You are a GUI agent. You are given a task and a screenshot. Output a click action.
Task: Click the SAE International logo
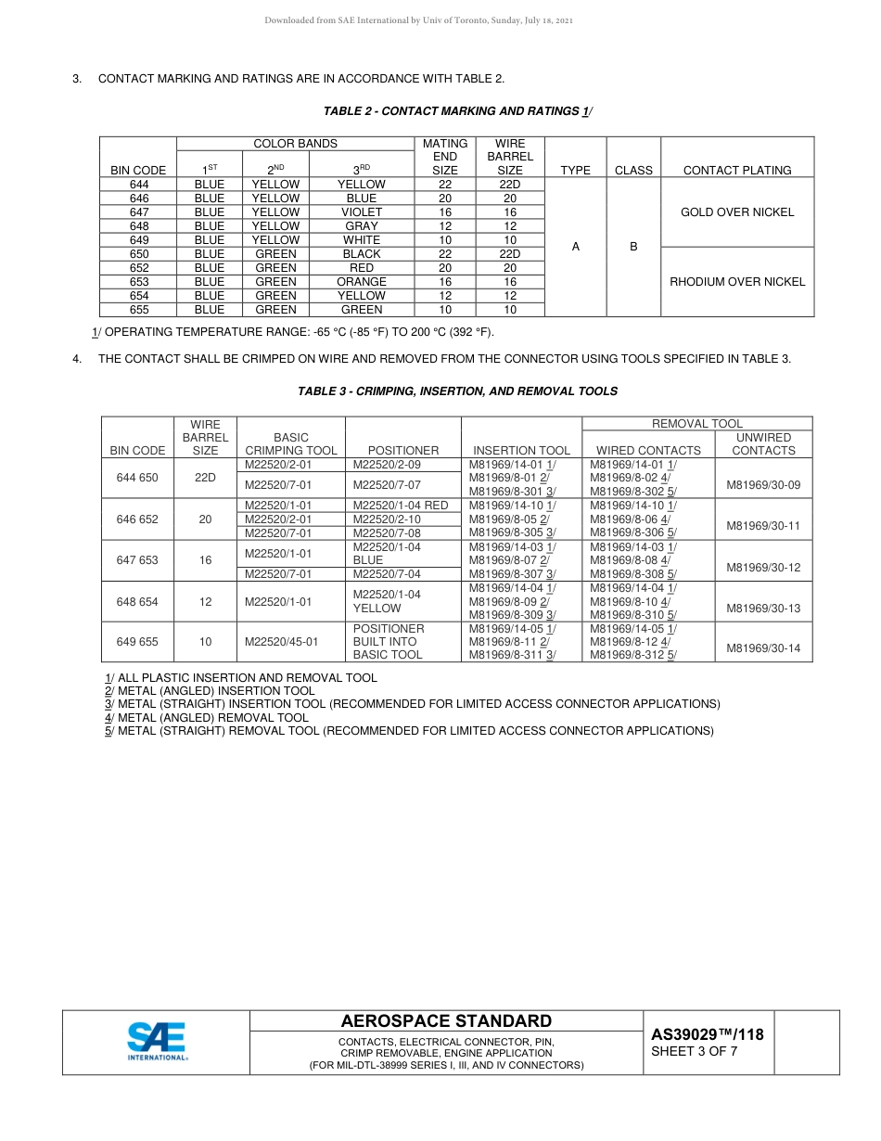[x=157, y=1041]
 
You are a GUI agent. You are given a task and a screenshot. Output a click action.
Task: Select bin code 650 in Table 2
[x=139, y=254]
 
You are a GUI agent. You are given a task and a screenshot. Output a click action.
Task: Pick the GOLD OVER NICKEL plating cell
[x=737, y=212]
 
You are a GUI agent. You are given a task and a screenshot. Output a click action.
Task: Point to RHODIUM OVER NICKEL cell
[x=737, y=282]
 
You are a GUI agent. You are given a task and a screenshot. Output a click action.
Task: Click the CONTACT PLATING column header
[x=737, y=171]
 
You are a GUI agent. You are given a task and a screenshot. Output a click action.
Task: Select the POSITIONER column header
[x=403, y=451]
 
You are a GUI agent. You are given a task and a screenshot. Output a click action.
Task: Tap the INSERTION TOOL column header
[x=521, y=451]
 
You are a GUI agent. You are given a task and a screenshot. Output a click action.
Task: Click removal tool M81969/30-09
[x=763, y=485]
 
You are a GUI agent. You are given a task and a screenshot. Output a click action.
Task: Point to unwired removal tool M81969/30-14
[x=763, y=648]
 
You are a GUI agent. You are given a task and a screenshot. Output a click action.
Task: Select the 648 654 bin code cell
[x=137, y=602]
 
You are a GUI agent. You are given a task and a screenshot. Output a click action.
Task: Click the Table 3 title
[x=457, y=391]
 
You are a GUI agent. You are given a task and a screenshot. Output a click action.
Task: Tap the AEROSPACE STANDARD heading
[x=446, y=1021]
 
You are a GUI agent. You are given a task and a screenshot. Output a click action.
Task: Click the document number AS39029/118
[x=708, y=1034]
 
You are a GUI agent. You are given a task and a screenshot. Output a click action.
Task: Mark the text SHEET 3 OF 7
[x=695, y=1052]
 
